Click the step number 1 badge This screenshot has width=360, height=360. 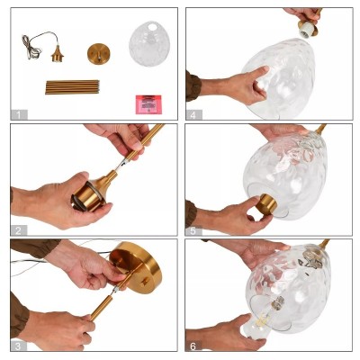pyautogui.click(x=17, y=113)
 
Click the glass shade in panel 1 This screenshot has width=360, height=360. pyautogui.click(x=148, y=43)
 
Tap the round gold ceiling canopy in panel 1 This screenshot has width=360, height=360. pyautogui.click(x=100, y=53)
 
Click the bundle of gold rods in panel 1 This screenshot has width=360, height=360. pyautogui.click(x=73, y=87)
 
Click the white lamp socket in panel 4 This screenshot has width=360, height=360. pyautogui.click(x=310, y=29)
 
